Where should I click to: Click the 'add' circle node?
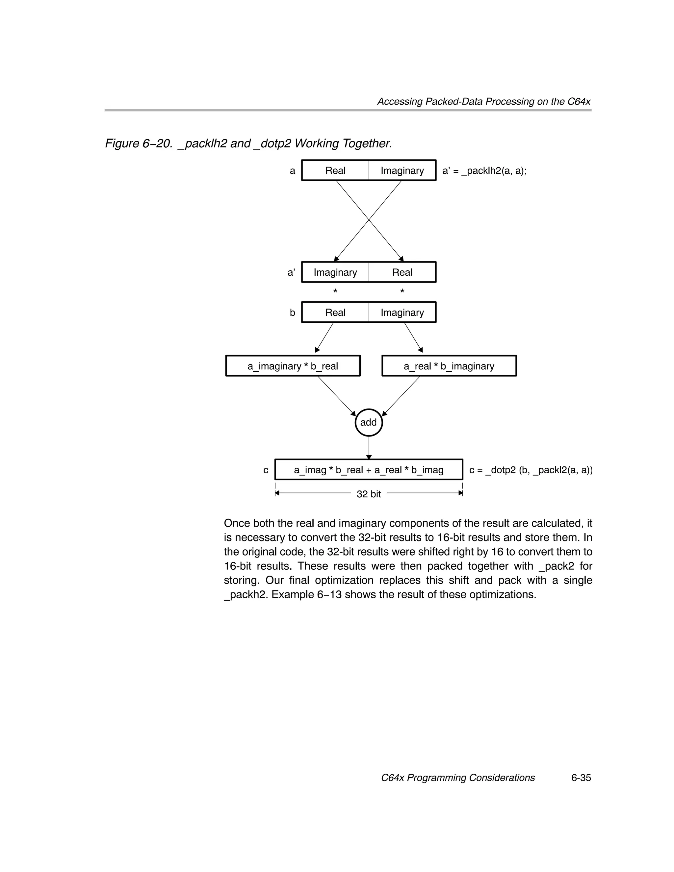point(368,422)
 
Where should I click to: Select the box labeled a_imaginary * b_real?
point(293,366)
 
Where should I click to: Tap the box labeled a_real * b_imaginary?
point(449,366)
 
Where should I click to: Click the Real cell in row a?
point(335,170)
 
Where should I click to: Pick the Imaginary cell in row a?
point(402,170)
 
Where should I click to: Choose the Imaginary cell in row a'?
point(335,272)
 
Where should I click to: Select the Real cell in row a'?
point(402,272)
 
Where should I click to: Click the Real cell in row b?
point(335,312)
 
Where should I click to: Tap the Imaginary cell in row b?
point(402,312)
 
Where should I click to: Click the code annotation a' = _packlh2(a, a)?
point(485,171)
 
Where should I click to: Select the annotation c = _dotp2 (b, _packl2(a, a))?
point(531,470)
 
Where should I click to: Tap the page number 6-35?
point(581,778)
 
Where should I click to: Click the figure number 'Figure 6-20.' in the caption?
point(139,143)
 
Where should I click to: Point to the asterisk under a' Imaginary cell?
point(335,291)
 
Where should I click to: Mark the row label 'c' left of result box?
point(266,470)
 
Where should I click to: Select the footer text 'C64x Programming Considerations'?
point(458,778)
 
